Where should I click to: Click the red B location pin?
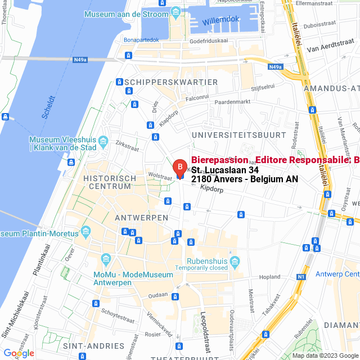(x=179, y=168)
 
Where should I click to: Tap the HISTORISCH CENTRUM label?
(x=110, y=182)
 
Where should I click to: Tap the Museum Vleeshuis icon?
(x=103, y=141)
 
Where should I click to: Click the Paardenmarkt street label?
(x=232, y=102)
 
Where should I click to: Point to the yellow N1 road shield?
(x=301, y=277)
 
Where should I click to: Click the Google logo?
(x=19, y=353)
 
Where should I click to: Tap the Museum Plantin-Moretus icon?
(x=86, y=231)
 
